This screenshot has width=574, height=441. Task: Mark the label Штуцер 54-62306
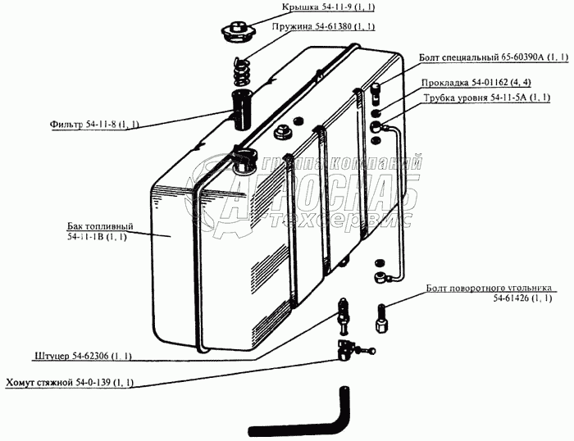coord(84,356)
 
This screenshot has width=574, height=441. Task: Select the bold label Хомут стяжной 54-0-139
coord(71,383)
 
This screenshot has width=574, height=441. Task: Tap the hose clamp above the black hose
coord(348,350)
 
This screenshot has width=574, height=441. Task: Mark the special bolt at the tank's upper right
coord(376,87)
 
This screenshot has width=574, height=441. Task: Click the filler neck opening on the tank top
coord(243,157)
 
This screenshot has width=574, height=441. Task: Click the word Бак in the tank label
coord(75,225)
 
